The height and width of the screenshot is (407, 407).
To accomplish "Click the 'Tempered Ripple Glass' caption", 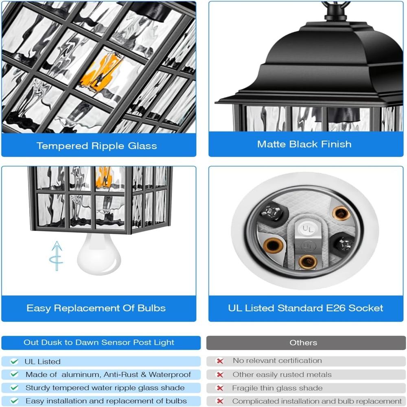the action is point(96,146).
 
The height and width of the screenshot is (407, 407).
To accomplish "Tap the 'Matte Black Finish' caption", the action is point(304,144).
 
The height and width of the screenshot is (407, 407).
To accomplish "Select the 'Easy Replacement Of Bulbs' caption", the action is point(96,308).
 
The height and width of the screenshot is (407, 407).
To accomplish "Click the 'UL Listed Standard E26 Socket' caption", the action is point(306,308).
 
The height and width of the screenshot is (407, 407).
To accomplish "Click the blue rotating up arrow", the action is point(56,256).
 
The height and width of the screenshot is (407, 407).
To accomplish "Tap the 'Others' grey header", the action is point(303,343).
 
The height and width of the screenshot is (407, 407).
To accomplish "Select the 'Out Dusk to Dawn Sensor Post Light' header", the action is point(98,342).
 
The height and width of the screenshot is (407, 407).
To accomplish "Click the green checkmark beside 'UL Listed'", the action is point(14,361).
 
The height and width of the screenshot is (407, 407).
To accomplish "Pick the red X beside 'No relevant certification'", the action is point(220,361).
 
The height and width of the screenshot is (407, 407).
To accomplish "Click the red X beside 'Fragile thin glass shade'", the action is point(220,388).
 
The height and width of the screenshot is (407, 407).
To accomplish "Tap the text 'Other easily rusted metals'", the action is point(282,374).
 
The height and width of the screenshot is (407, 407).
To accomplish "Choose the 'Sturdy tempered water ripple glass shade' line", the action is point(105,388).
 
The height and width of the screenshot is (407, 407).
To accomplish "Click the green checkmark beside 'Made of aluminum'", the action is point(14,374).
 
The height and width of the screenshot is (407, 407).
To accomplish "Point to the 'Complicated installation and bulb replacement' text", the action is point(317,401).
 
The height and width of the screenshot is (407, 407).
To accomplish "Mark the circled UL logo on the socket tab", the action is point(308,245).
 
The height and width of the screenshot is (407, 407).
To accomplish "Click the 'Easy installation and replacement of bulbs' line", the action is point(106,401).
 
